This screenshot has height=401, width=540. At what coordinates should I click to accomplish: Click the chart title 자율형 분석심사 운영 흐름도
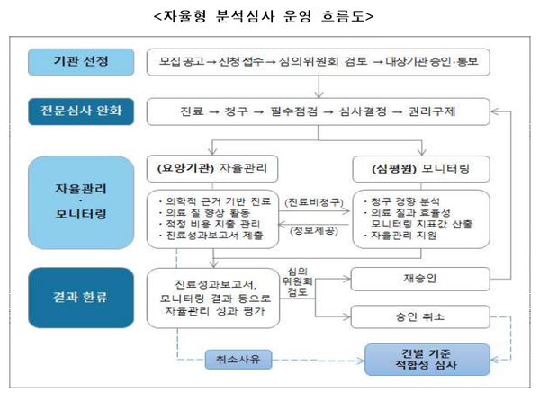270,15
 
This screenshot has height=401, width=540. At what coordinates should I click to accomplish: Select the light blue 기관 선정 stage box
83,62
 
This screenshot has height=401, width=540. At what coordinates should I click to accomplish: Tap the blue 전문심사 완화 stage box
83,113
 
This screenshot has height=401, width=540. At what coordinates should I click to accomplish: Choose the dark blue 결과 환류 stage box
83,298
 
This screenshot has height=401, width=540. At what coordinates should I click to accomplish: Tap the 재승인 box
419,281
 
